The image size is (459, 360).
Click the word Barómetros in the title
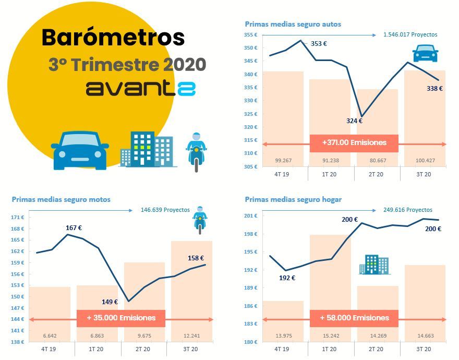click(113, 38)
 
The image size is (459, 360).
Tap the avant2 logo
click(140, 88)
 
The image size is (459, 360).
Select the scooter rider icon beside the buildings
click(196, 151)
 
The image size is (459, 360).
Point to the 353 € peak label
click(319, 44)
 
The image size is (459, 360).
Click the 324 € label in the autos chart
click(354, 121)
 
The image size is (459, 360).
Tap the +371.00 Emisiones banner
click(354, 142)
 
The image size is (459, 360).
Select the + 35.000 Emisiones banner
click(121, 318)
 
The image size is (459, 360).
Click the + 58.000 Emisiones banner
click(354, 318)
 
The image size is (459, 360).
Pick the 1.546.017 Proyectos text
click(410, 35)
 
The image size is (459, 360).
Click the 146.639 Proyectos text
click(165, 210)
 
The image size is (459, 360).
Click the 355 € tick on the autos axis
click(251, 35)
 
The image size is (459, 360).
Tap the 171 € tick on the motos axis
click(18, 217)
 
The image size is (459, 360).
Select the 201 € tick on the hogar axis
click(251, 215)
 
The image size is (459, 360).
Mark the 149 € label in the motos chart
click(110, 302)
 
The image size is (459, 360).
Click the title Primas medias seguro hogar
click(293, 199)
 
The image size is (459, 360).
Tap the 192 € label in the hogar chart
click(287, 278)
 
